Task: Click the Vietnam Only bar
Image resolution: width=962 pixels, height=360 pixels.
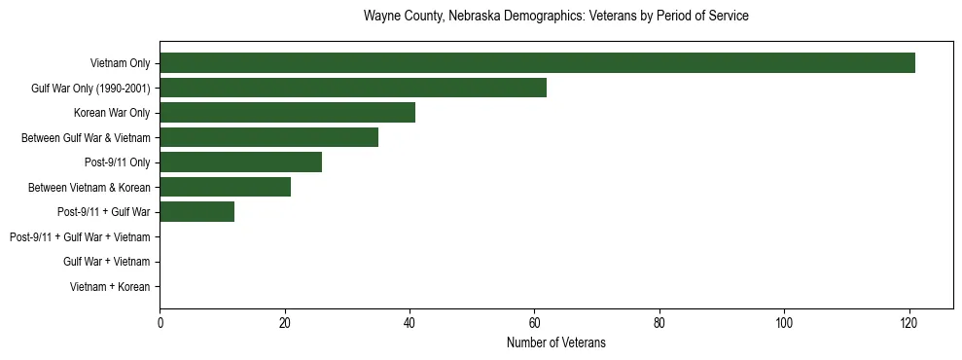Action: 537,63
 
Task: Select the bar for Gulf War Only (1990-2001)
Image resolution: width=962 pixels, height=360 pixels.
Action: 353,89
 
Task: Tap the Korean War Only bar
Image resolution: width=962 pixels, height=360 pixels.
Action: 287,113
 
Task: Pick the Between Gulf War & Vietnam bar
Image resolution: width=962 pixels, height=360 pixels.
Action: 268,138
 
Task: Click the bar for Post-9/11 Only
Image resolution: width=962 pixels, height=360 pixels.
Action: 240,162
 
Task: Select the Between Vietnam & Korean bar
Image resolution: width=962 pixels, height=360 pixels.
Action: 225,188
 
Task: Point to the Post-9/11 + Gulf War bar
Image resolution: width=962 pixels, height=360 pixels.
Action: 196,212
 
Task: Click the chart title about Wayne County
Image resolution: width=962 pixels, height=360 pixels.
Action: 555,17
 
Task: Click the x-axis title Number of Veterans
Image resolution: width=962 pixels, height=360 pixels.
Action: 555,342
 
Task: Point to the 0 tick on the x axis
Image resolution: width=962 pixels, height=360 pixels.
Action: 160,322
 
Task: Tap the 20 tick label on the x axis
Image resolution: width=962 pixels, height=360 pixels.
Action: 284,322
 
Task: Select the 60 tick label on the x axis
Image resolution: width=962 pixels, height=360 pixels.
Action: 534,322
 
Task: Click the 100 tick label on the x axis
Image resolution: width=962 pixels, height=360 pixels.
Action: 784,322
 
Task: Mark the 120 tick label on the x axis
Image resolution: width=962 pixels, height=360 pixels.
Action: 909,322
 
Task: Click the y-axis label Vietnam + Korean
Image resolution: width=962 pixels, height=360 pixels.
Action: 110,287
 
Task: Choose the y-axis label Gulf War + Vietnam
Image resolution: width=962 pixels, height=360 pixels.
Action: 106,262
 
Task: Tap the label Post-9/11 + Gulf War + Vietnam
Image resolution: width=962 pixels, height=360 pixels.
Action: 80,237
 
